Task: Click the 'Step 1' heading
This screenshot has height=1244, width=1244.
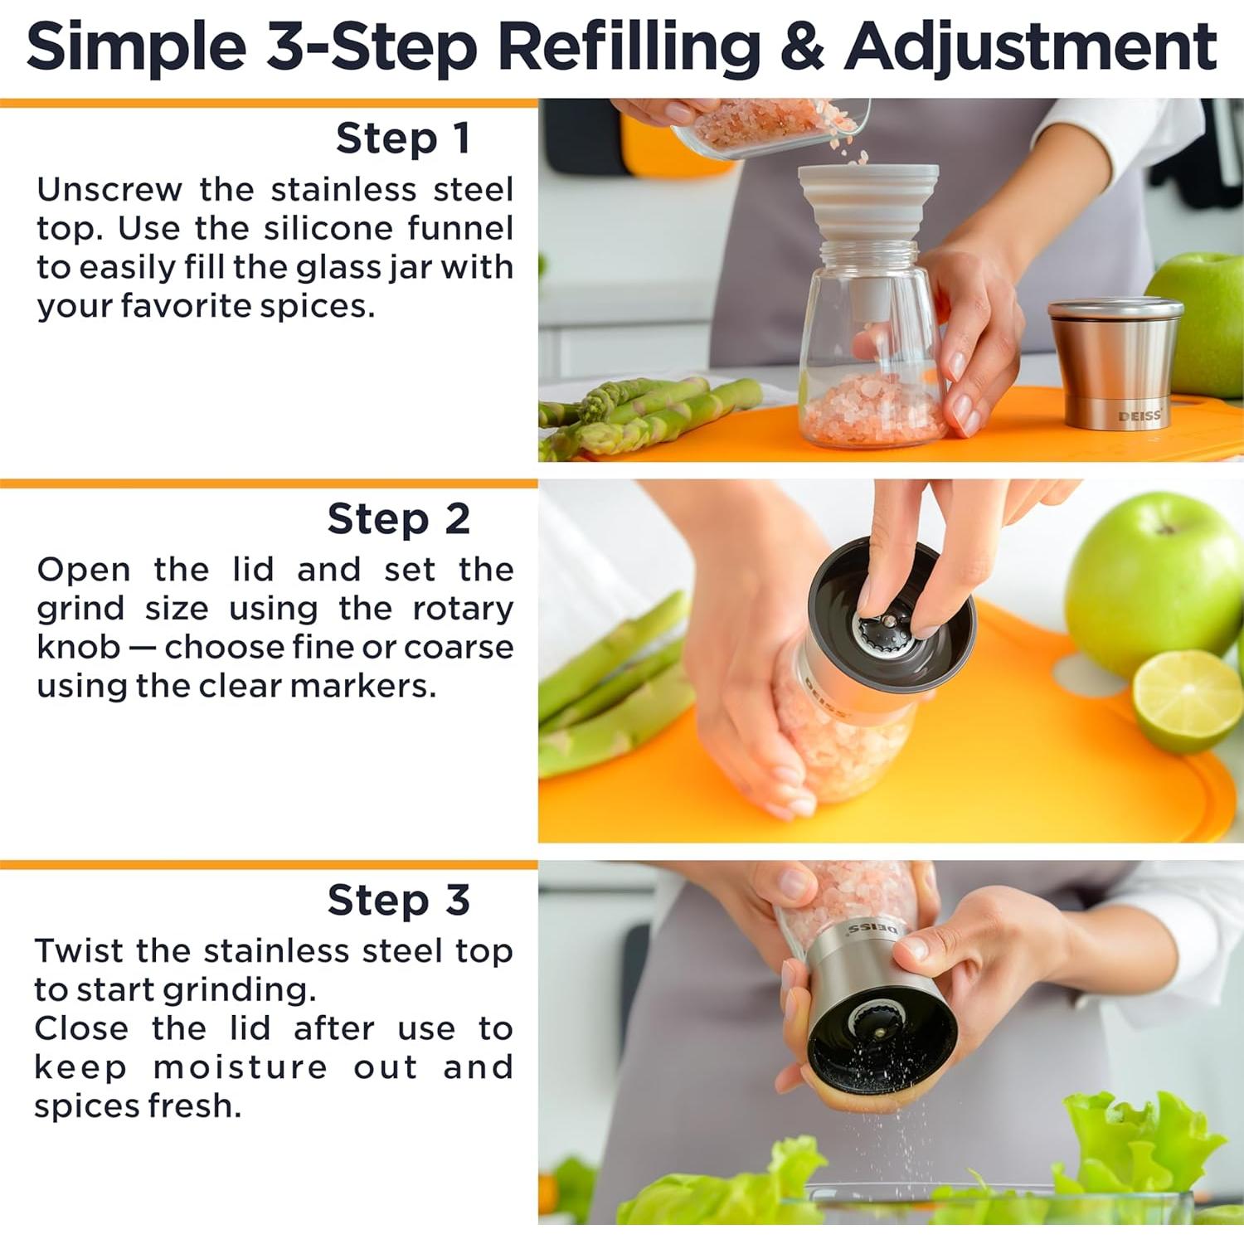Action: pyautogui.click(x=403, y=138)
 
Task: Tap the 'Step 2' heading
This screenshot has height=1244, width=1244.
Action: pyautogui.click(x=399, y=519)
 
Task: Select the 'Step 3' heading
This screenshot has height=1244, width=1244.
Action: pyautogui.click(x=399, y=900)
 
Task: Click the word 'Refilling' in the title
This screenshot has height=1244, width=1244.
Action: pyautogui.click(x=629, y=46)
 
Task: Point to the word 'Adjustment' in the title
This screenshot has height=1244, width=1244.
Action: pyautogui.click(x=1031, y=48)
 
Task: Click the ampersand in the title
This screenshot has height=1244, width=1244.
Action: pyautogui.click(x=802, y=47)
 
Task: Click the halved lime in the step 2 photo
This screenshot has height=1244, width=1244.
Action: pyautogui.click(x=1188, y=701)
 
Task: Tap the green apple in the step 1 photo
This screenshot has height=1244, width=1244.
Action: pyautogui.click(x=1199, y=323)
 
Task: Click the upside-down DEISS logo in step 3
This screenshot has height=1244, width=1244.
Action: pyautogui.click(x=872, y=929)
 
